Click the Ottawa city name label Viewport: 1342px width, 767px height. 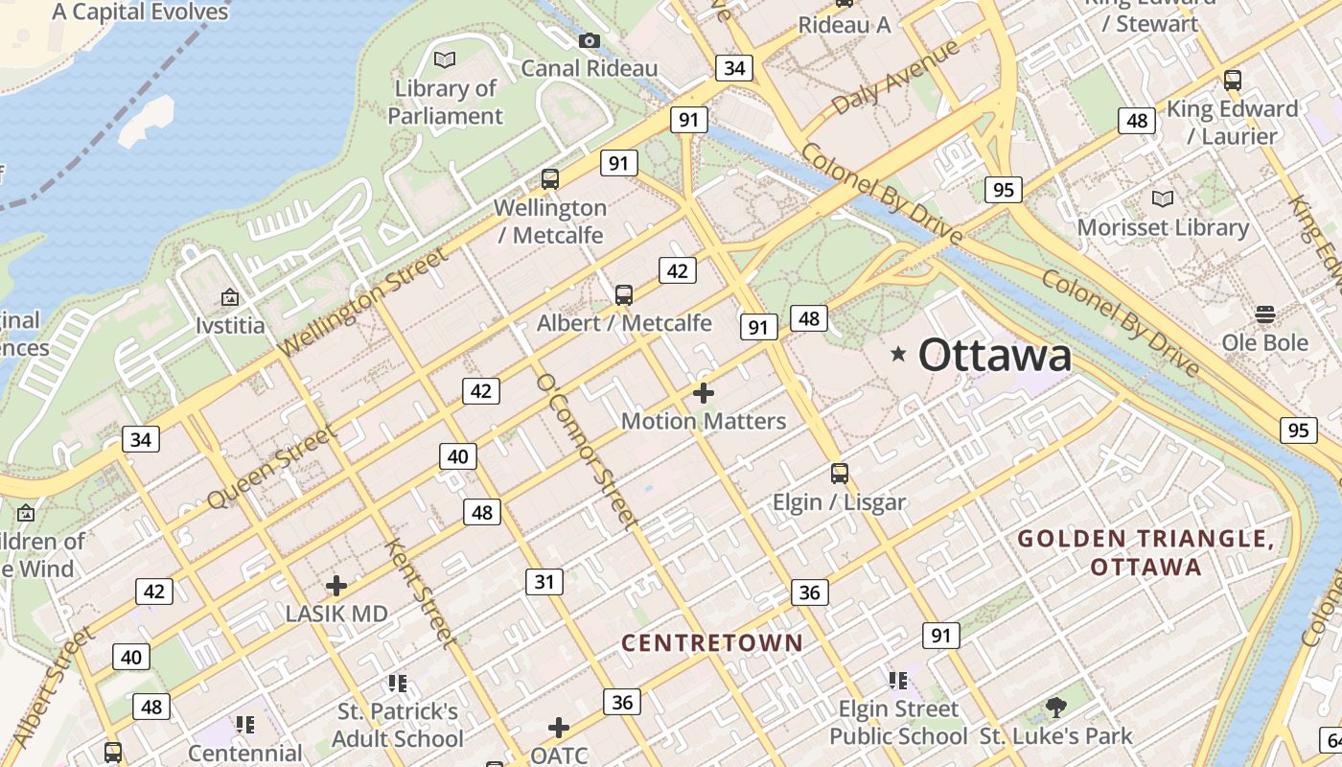click(x=994, y=355)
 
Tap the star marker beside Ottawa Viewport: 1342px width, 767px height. click(x=898, y=354)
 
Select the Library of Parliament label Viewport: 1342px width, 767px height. click(x=446, y=102)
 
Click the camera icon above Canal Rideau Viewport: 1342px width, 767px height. click(x=590, y=40)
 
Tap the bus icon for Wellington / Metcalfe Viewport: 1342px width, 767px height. click(x=550, y=178)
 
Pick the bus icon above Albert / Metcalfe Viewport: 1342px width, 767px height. click(x=624, y=294)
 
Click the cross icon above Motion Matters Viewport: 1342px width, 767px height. click(x=704, y=393)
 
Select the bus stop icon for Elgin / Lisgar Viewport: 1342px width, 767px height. click(x=840, y=473)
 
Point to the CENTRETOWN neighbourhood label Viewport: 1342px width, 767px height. click(x=711, y=642)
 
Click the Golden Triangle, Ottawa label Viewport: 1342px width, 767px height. click(x=1146, y=552)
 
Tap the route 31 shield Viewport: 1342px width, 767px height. click(x=544, y=581)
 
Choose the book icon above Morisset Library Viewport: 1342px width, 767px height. click(x=1163, y=198)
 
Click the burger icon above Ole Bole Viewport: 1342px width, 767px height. click(x=1264, y=314)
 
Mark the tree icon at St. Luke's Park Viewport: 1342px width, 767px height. click(x=1056, y=708)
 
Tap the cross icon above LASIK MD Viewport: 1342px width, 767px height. click(x=336, y=585)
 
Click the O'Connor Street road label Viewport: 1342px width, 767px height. click(x=587, y=451)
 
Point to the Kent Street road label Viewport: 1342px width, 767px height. click(x=418, y=592)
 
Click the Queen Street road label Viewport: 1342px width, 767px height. click(x=272, y=467)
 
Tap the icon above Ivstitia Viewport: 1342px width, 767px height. click(x=230, y=297)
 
